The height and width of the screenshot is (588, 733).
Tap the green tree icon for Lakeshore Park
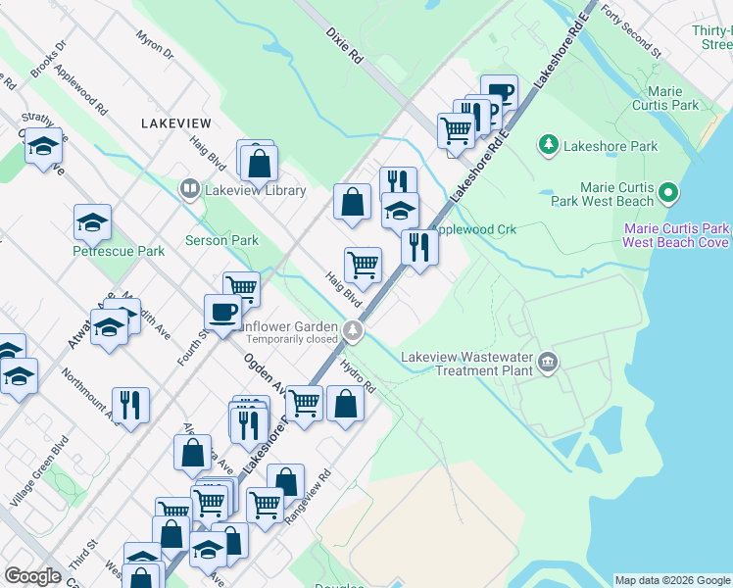[x=549, y=147]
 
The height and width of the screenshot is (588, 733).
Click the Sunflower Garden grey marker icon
[x=352, y=332]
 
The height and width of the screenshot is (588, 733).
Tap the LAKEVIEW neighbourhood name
[x=175, y=123]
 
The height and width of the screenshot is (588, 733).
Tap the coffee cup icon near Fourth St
[x=223, y=312]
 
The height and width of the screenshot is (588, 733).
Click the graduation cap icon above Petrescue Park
[x=92, y=222]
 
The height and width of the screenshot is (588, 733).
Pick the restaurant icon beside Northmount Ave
[x=130, y=404]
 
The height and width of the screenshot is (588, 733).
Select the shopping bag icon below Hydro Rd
[x=345, y=403]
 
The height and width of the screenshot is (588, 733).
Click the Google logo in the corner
[x=33, y=576]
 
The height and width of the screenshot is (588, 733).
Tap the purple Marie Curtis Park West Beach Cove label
[x=676, y=235]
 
